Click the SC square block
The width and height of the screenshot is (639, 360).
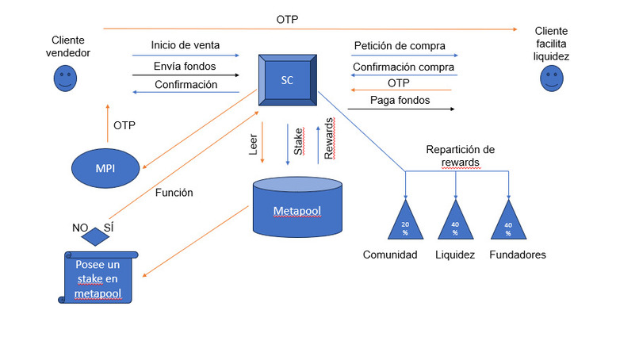[x=288, y=80]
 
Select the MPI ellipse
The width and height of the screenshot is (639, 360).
[x=105, y=168]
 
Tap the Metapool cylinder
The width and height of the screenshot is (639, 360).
[x=297, y=207]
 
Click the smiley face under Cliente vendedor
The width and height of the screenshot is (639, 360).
[x=65, y=79]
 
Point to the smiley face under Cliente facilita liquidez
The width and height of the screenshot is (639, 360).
[x=552, y=79]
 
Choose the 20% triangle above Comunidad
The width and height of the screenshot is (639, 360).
[x=405, y=220]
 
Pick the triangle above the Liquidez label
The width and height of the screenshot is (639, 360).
[x=456, y=220]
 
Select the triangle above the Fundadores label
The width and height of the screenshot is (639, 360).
[x=509, y=220]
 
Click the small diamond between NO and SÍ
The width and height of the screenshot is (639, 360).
[x=95, y=236]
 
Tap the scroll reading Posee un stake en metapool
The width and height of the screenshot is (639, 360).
[x=98, y=278]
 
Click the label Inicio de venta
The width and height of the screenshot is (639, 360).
[x=186, y=45]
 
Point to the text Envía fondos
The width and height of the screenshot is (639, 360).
[x=185, y=66]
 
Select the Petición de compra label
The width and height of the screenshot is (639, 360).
[x=400, y=46]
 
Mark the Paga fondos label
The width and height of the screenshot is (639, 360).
[x=400, y=100]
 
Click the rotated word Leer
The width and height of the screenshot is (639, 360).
[x=253, y=144]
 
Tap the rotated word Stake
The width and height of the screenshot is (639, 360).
[x=299, y=141]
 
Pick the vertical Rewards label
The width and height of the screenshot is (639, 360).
[x=329, y=138]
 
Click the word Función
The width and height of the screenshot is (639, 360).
[x=174, y=193]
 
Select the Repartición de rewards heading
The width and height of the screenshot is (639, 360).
[x=461, y=155]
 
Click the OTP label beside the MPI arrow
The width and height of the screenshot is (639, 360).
[x=124, y=125]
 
